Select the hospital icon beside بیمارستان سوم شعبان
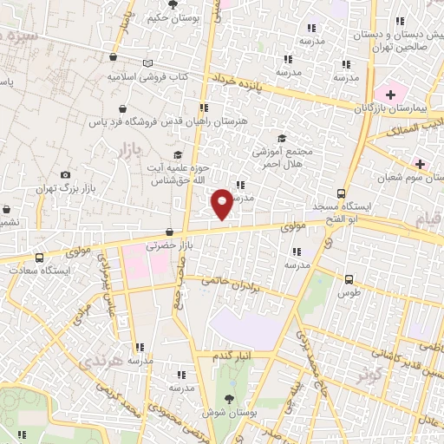coord(421,163)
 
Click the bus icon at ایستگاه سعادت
coord(39,258)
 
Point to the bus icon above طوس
coord(349,279)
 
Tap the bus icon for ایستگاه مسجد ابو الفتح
coord(341,194)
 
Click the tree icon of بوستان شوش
coord(229,397)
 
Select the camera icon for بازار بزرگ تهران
coord(65,175)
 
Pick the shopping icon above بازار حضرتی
coord(169,232)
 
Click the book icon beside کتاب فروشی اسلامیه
coord(148,63)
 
